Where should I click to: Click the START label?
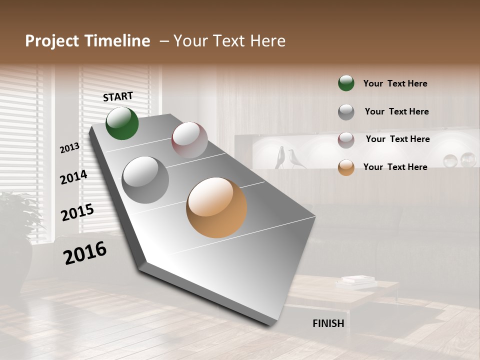pyautogui.click(x=118, y=96)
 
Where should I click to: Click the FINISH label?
pyautogui.click(x=328, y=323)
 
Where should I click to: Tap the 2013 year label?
pyautogui.click(x=70, y=148)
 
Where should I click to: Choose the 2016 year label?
pyautogui.click(x=85, y=253)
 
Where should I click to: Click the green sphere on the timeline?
pyautogui.click(x=122, y=123)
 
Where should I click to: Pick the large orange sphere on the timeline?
pyautogui.click(x=216, y=207)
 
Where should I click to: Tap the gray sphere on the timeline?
pyautogui.click(x=145, y=179)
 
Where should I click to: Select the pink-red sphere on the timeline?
pyautogui.click(x=189, y=140)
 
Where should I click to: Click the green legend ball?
pyautogui.click(x=346, y=83)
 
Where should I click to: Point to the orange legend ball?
pyautogui.click(x=346, y=167)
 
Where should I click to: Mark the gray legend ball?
pyautogui.click(x=346, y=111)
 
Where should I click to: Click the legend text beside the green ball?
pyautogui.click(x=395, y=83)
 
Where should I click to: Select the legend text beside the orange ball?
pyautogui.click(x=395, y=167)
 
